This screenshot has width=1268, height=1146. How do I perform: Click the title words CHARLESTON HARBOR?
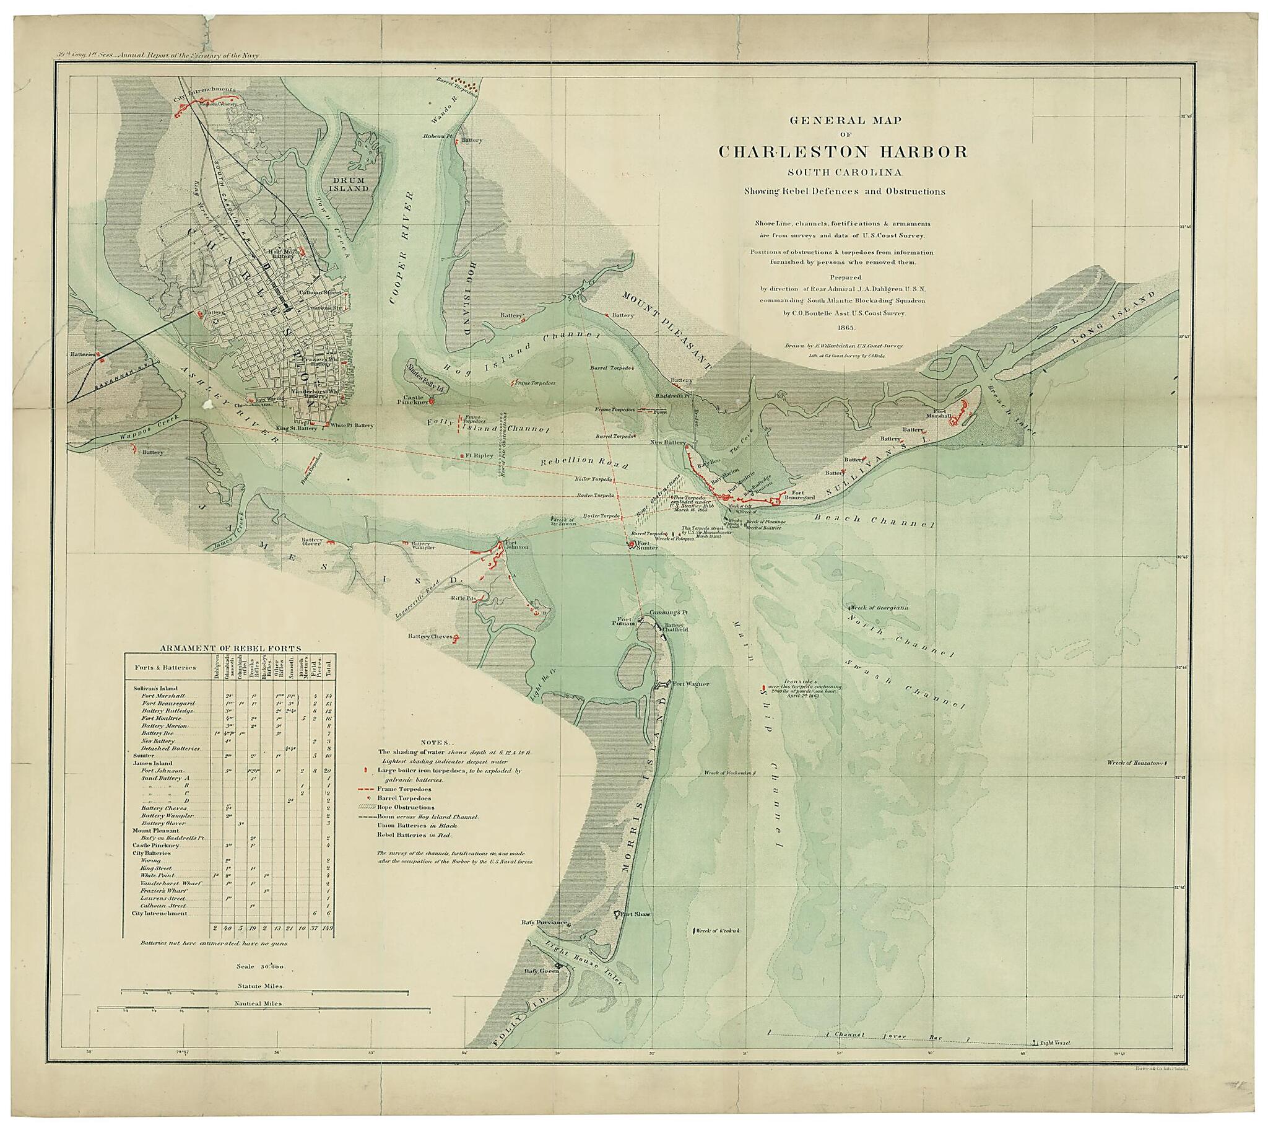tap(843, 152)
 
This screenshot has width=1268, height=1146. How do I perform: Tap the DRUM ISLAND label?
tap(348, 184)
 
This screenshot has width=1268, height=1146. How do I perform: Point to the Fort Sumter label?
tap(647, 545)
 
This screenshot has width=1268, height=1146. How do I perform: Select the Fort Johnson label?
tap(516, 545)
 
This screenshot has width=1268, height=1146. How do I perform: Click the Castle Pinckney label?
tap(413, 399)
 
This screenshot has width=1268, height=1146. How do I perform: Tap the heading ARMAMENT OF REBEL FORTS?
tap(230, 648)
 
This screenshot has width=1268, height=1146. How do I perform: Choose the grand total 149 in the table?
tap(327, 928)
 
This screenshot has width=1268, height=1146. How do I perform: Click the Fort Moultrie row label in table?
tap(161, 718)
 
